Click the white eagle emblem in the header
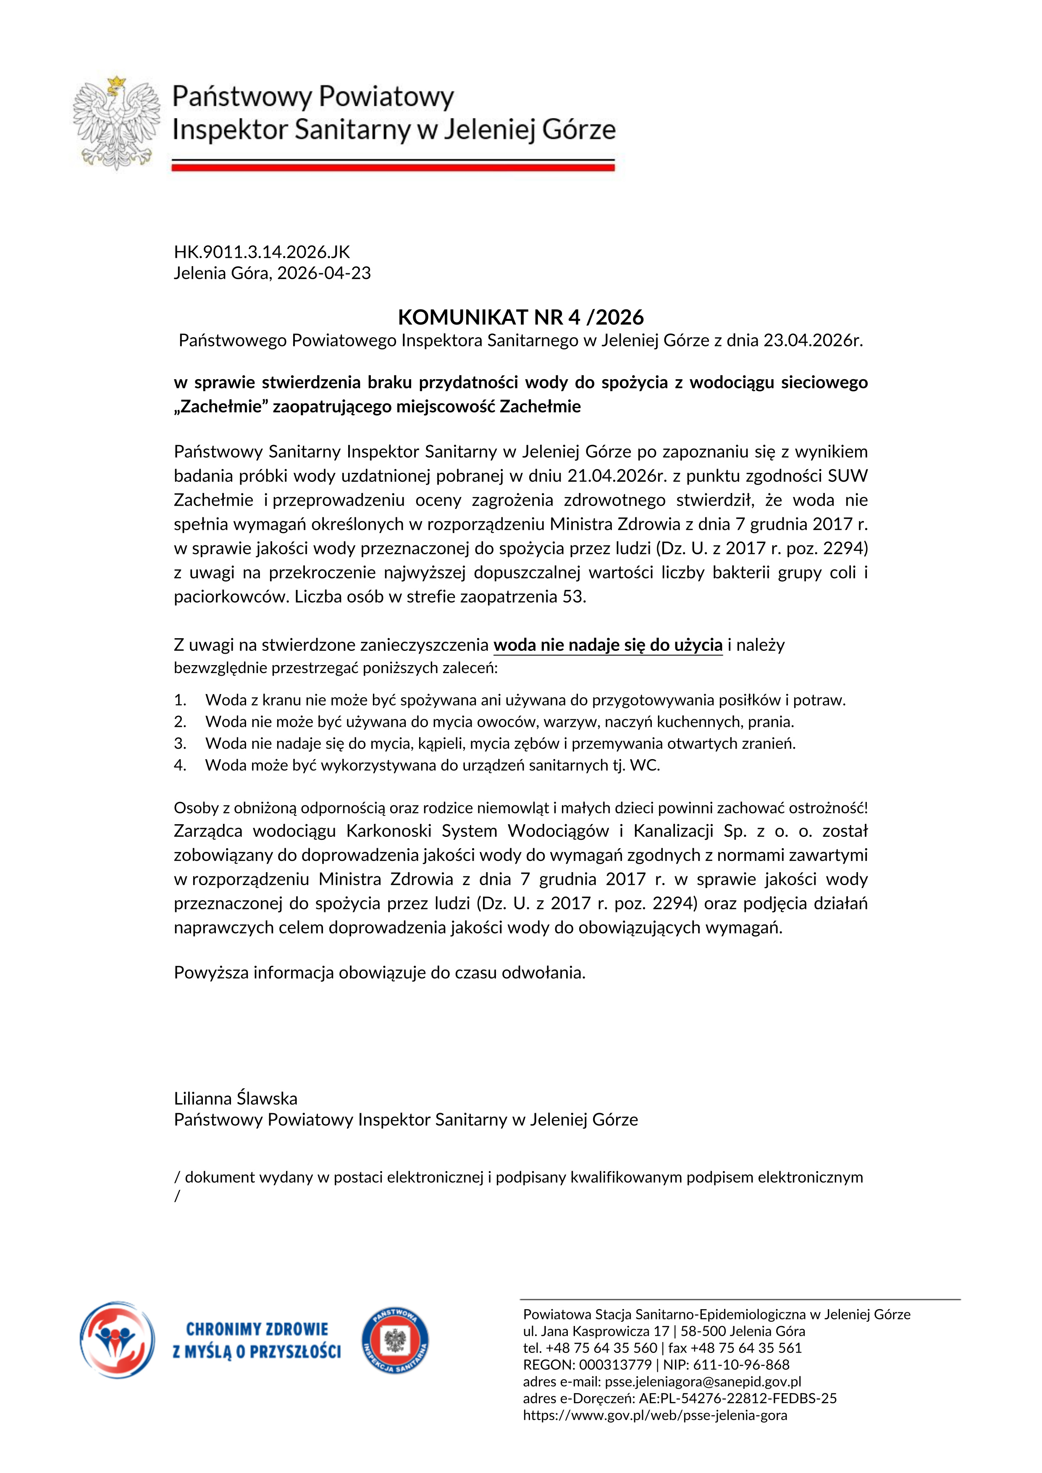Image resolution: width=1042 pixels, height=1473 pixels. click(117, 123)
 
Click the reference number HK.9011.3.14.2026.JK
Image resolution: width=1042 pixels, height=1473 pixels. click(262, 252)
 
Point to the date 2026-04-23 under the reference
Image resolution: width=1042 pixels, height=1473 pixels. click(324, 273)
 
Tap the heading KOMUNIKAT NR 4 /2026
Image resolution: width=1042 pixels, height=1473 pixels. click(520, 317)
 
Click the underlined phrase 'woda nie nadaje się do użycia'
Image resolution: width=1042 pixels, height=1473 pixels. click(608, 645)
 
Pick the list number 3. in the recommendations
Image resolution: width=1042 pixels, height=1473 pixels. click(180, 744)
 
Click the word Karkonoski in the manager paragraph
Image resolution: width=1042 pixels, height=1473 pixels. click(389, 831)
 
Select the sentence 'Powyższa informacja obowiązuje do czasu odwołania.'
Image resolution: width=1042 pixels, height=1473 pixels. click(379, 972)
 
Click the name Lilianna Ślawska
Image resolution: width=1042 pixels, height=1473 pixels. click(236, 1098)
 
